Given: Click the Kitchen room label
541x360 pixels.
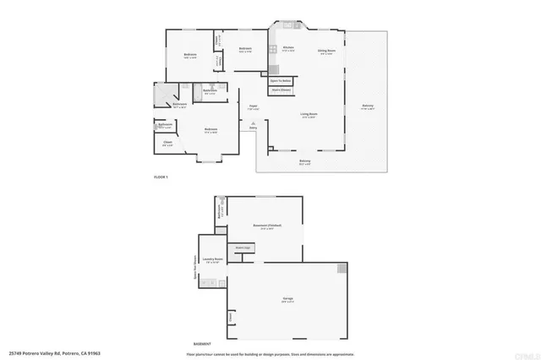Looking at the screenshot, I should click(x=287, y=47).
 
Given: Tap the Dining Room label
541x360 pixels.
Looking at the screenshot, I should click(x=326, y=51).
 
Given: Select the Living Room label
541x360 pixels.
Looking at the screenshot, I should click(x=309, y=113).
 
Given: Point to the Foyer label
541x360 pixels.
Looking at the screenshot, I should click(x=252, y=106).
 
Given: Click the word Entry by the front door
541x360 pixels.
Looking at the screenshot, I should click(x=253, y=128).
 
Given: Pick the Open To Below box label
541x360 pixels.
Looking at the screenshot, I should click(x=281, y=81).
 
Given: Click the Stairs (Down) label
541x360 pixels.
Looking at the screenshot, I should click(x=281, y=89).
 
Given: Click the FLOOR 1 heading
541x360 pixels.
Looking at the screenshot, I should click(x=161, y=177).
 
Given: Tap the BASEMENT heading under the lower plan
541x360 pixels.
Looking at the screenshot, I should click(x=202, y=344).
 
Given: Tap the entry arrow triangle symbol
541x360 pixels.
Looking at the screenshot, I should click(x=253, y=123).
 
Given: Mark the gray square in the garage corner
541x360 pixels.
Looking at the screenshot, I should click(x=342, y=269).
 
